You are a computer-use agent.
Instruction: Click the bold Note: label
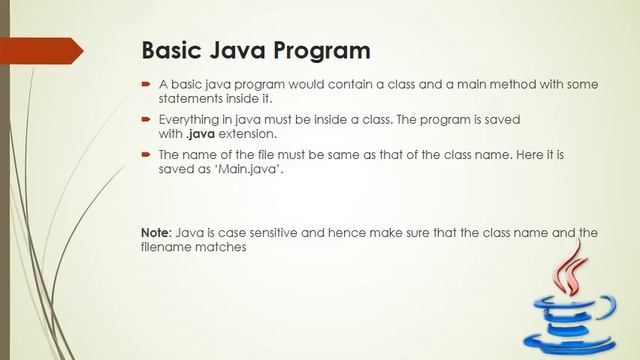coord(156,232)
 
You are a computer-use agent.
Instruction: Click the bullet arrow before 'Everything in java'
coord(146,119)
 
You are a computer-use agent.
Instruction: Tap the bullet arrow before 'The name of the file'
coord(146,155)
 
